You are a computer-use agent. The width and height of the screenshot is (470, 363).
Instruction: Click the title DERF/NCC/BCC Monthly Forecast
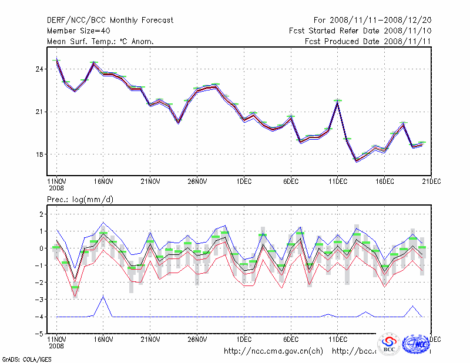click(110, 20)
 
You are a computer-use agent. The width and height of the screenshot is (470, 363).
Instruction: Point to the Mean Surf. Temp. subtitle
click(100, 41)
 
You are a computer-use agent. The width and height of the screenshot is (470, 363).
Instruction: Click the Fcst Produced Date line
click(368, 41)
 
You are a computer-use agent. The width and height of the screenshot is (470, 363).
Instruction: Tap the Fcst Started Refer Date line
click(360, 31)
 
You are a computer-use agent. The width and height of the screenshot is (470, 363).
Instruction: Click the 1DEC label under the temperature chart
click(244, 181)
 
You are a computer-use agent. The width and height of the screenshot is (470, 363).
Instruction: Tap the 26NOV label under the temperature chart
click(197, 181)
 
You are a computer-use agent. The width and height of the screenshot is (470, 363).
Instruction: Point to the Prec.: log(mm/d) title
click(80, 200)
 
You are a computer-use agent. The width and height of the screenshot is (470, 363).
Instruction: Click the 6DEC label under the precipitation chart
click(291, 340)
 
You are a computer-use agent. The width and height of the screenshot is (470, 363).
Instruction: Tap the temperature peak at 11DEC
click(338, 101)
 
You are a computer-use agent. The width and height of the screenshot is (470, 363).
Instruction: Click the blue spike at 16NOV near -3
click(103, 296)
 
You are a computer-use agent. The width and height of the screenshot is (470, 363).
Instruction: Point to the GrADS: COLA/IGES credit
click(19, 358)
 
